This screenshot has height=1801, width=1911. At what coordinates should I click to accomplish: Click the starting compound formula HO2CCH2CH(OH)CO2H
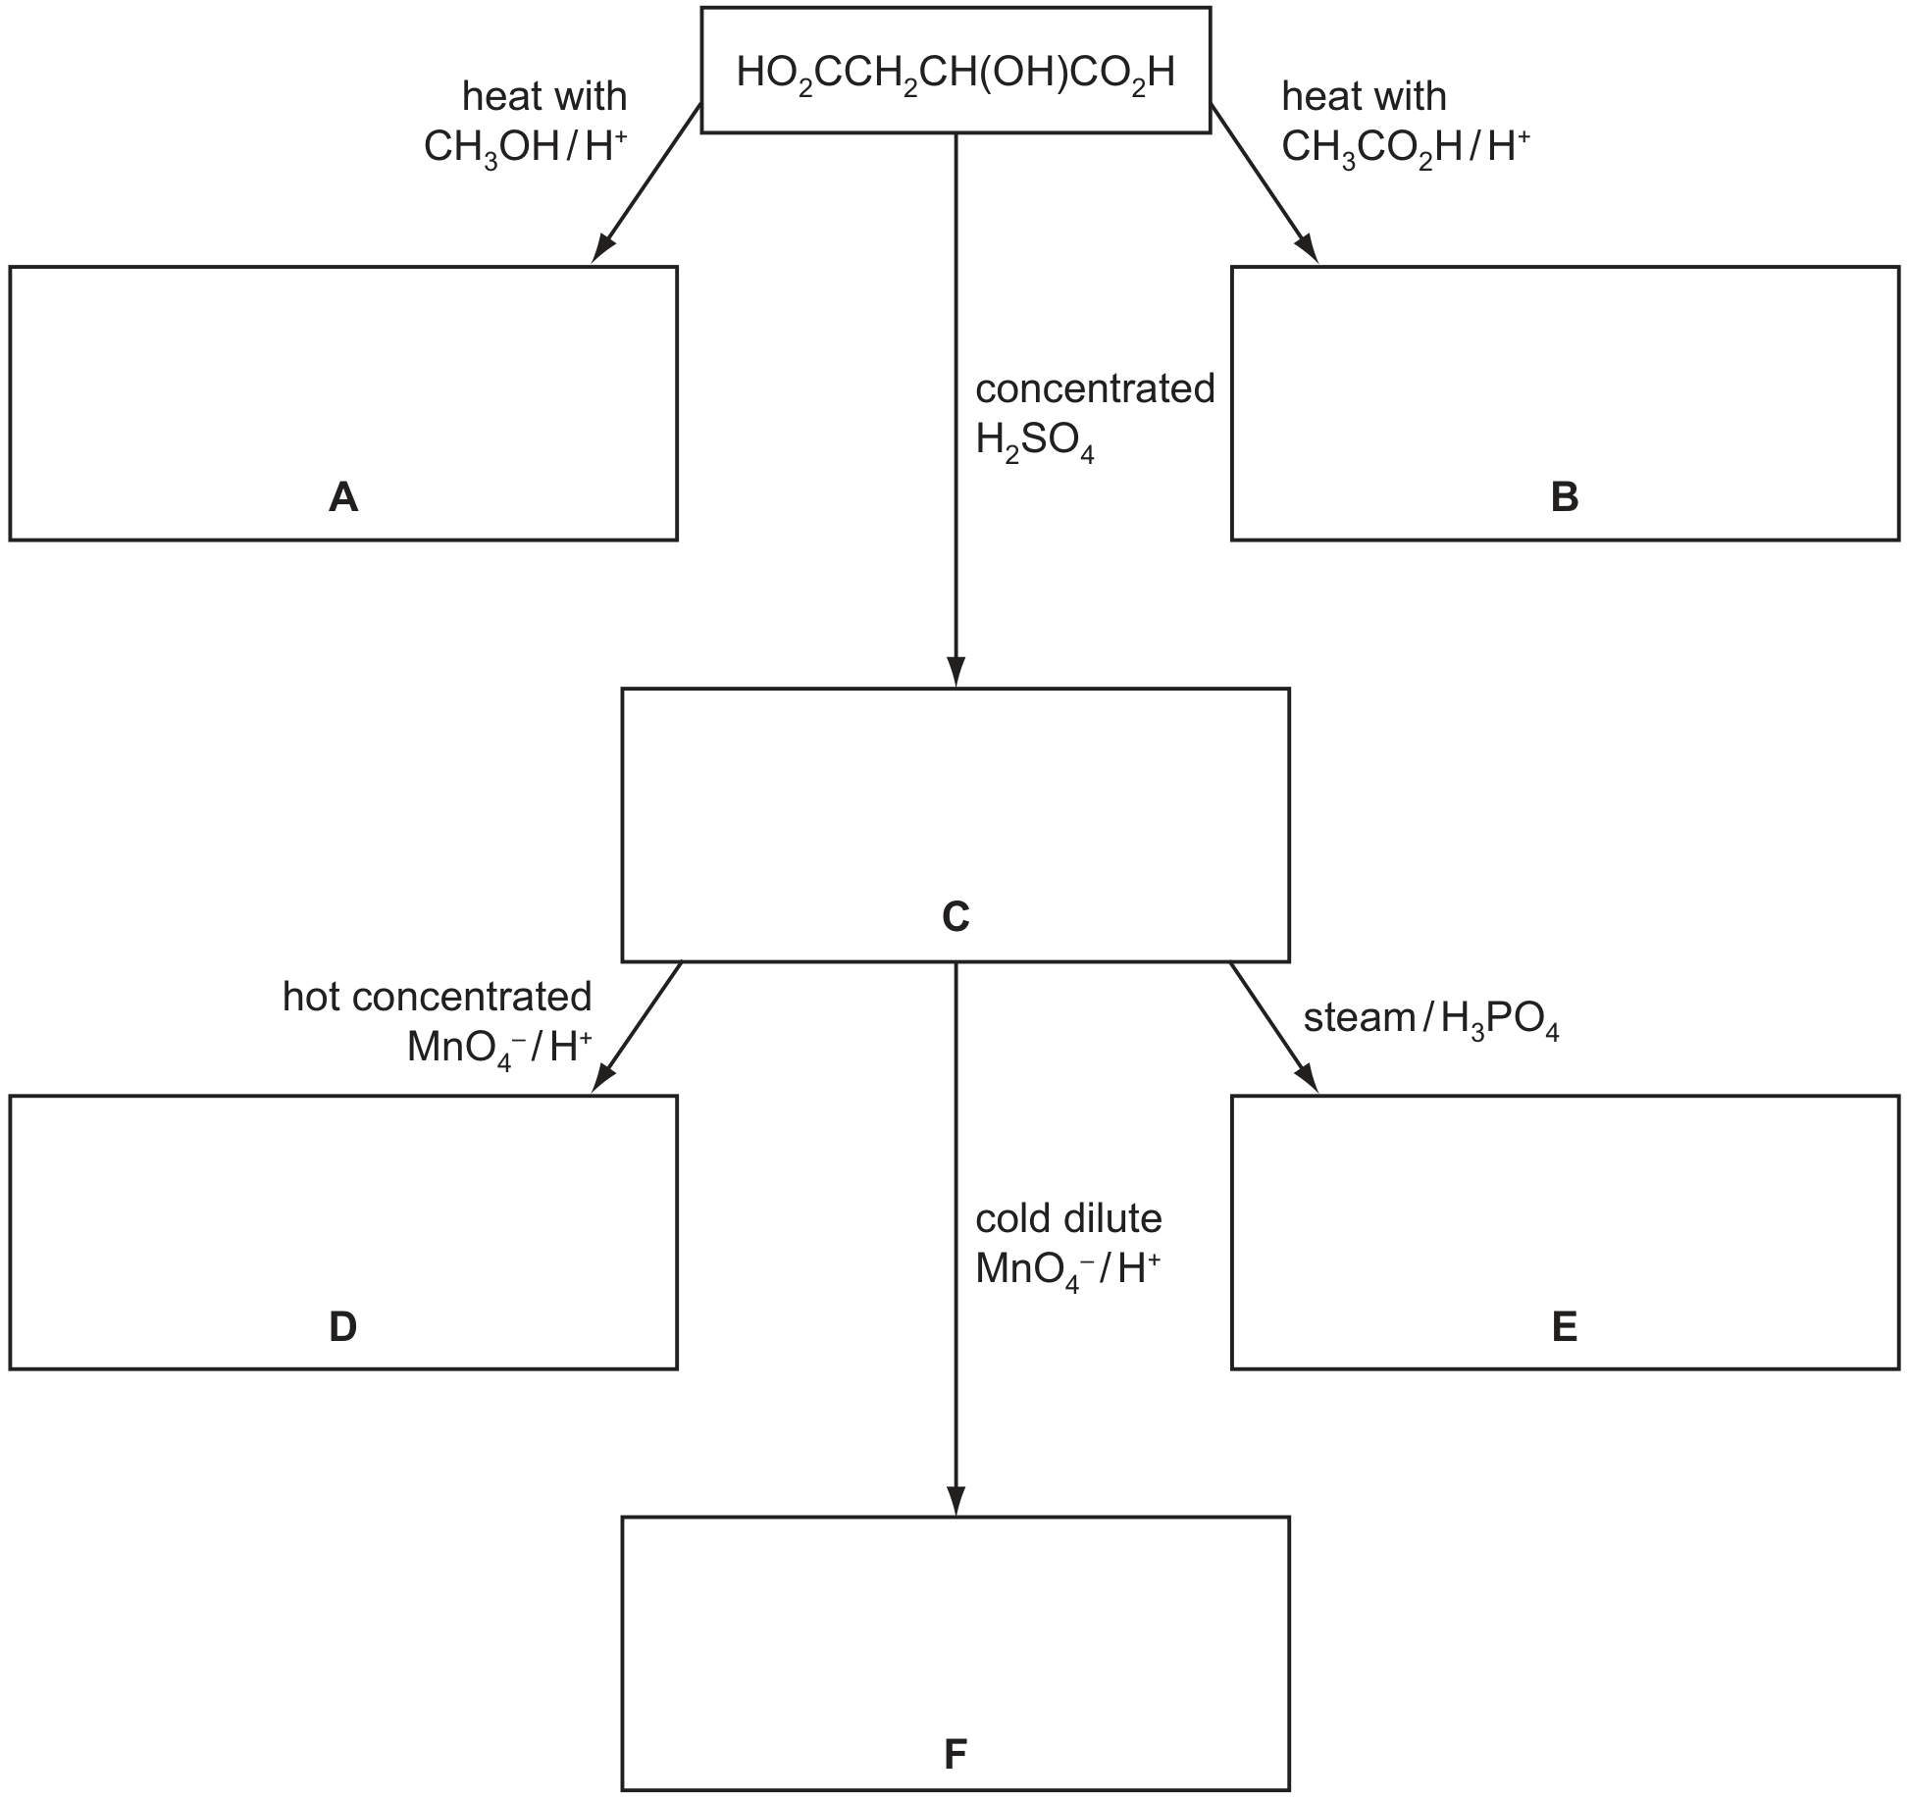coord(955,73)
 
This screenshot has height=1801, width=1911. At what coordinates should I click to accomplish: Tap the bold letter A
coord(343,497)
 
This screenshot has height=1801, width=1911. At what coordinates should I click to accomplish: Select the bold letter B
coord(1565,497)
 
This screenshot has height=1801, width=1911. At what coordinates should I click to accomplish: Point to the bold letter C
coord(955,916)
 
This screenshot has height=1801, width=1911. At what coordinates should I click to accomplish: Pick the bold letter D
coord(343,1326)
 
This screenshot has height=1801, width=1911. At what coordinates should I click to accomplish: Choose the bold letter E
coord(1565,1326)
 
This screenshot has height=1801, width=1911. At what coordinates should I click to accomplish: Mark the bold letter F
coord(955,1753)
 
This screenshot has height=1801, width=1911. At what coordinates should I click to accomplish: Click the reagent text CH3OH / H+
coord(526,148)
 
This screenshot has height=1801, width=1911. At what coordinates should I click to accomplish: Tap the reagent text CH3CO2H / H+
coord(1406,148)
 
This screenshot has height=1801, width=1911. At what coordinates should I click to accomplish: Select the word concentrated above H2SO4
coord(1095,388)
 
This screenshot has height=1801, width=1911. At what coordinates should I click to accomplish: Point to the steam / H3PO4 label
coord(1431,1019)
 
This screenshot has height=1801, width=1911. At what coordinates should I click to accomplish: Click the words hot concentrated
coord(438,997)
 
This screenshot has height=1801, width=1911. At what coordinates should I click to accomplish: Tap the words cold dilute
coord(1068,1218)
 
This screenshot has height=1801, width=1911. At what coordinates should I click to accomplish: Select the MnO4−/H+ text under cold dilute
coord(1068,1270)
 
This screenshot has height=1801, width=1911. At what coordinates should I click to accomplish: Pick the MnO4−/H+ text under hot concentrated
coord(499,1049)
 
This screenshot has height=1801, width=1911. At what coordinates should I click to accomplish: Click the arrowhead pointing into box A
coord(602,247)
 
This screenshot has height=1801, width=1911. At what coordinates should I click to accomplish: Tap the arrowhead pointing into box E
coord(1307,1077)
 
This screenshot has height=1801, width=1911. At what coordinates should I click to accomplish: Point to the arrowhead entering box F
coord(955,1501)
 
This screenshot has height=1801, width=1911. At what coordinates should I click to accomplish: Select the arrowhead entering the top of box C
coord(955,672)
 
